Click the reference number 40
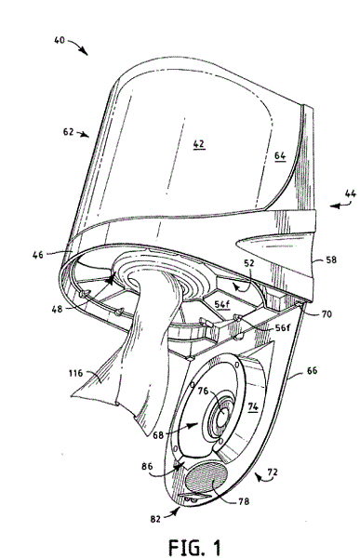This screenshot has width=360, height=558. tap(60, 40)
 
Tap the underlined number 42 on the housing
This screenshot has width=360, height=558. tap(199, 144)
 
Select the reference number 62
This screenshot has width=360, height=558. tap(68, 132)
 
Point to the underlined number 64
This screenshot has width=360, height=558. tap(280, 155)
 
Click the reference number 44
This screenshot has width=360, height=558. tap(351, 193)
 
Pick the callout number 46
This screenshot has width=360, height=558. tap(38, 255)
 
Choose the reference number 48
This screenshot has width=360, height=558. tap(57, 309)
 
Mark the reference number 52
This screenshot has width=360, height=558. tap(249, 263)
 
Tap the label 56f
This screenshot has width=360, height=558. tap(283, 327)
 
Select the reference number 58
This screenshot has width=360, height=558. tap(331, 259)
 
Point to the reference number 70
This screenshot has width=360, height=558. tap(327, 314)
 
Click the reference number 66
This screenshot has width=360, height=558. tap(312, 370)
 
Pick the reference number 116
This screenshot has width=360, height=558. tap(75, 373)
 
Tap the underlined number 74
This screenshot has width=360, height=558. tap(252, 406)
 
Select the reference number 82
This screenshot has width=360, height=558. tap(155, 519)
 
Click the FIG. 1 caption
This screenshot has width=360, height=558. tap(194, 546)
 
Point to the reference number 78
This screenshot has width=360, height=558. tap(244, 501)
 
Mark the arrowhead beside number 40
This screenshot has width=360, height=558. tap(85, 52)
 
